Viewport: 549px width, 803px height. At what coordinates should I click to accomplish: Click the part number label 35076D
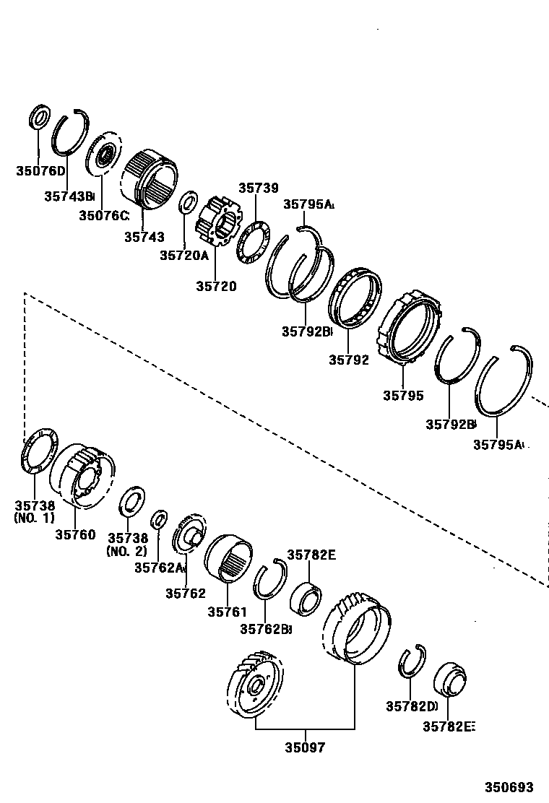click(x=40, y=171)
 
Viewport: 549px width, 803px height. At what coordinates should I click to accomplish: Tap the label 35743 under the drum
click(x=144, y=236)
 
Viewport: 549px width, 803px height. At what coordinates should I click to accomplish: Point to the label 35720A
click(x=183, y=255)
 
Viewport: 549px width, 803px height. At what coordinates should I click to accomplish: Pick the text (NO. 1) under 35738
click(x=34, y=518)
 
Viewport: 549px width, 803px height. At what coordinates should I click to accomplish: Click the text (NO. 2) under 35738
click(x=127, y=551)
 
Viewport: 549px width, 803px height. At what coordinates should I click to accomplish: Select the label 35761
click(x=228, y=612)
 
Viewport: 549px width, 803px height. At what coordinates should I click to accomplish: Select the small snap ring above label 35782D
click(x=412, y=660)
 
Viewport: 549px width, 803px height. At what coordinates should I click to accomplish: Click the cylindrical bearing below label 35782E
click(x=305, y=597)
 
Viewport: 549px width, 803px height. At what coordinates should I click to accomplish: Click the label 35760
click(x=75, y=534)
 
